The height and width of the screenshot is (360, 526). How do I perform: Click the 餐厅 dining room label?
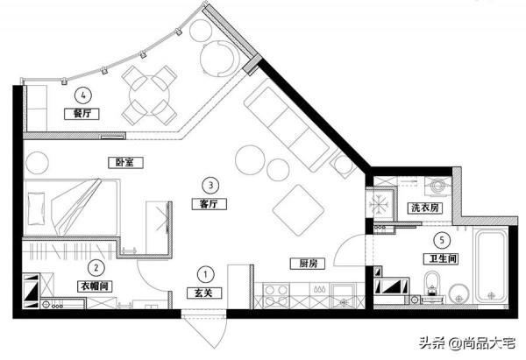click(x=82, y=114)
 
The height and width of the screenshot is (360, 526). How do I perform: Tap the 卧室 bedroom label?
click(x=125, y=163)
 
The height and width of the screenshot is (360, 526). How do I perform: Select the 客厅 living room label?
click(x=209, y=204)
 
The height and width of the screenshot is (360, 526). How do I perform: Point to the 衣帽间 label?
click(x=95, y=286)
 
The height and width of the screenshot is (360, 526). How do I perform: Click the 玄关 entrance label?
click(x=204, y=293)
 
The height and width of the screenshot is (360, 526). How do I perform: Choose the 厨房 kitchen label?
click(x=308, y=264)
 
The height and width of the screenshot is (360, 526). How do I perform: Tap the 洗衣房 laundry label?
click(x=424, y=208)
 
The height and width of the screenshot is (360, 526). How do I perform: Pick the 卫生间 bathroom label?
click(x=441, y=258)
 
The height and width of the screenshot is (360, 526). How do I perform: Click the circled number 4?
click(x=83, y=95)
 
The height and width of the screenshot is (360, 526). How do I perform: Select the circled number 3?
click(x=210, y=185)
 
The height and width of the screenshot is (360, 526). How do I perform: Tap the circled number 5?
click(x=442, y=240)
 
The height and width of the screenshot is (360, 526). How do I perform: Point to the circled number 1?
click(x=205, y=274)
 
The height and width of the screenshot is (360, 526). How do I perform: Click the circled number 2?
click(x=96, y=267)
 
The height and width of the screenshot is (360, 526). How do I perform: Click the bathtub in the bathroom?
click(x=492, y=265)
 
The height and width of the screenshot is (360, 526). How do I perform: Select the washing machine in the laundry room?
click(x=438, y=186)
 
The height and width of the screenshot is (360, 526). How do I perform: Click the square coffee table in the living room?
click(x=298, y=210)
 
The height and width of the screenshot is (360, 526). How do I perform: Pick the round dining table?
click(x=149, y=95)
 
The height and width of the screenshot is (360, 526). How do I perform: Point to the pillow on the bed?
click(x=36, y=208)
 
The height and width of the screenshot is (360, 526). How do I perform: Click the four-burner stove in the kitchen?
click(x=276, y=295)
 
